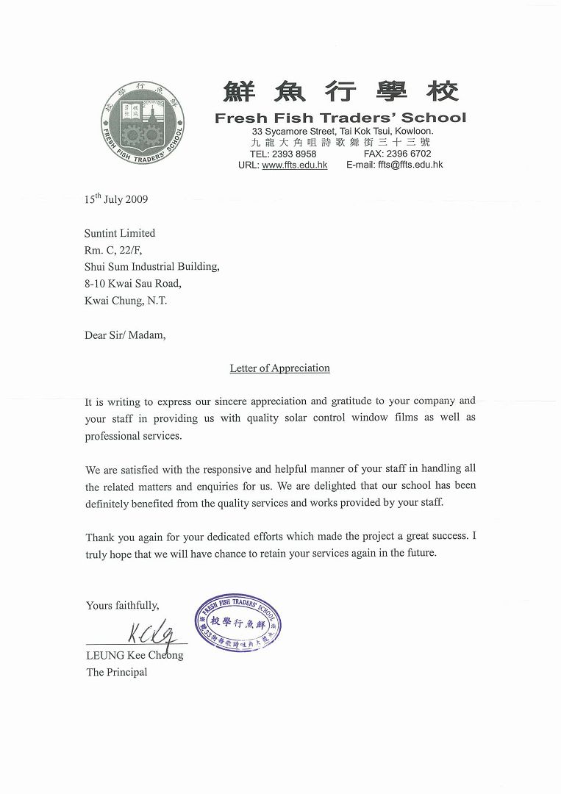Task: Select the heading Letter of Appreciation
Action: click(x=279, y=368)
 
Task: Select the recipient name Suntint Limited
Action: click(x=120, y=233)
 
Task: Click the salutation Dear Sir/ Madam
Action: click(x=125, y=335)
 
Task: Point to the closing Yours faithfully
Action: click(x=122, y=605)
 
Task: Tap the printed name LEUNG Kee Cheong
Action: click(x=135, y=655)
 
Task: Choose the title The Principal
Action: click(x=117, y=672)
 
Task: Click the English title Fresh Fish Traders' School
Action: click(x=340, y=118)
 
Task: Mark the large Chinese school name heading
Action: click(x=340, y=91)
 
